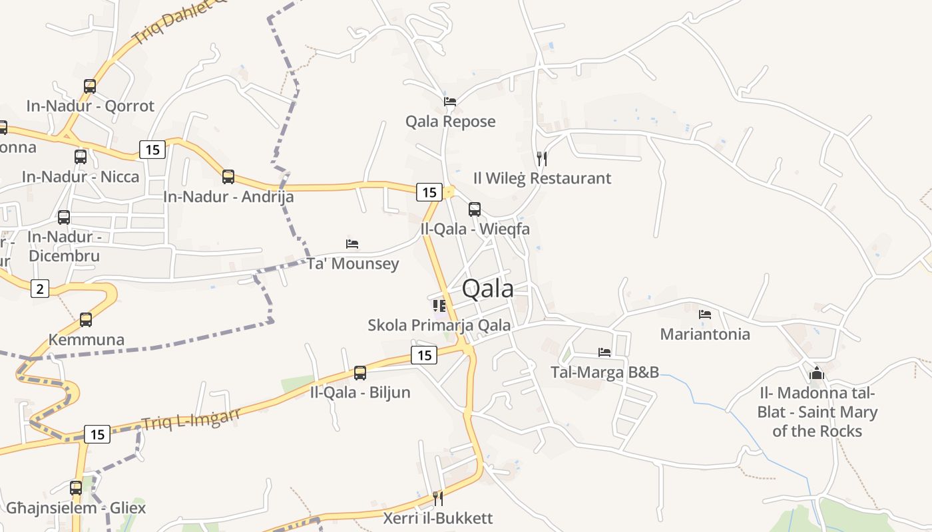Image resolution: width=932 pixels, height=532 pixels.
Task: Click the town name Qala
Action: (488, 289)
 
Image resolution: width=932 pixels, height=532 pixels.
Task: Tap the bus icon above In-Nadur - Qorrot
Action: (90, 86)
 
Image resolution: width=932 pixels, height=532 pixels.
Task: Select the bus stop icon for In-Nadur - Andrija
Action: (228, 177)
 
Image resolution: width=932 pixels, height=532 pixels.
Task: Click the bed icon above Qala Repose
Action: (450, 102)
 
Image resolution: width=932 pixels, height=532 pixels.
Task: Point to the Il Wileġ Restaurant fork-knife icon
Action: (542, 159)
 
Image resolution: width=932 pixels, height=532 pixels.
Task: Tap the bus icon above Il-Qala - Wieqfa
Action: (475, 209)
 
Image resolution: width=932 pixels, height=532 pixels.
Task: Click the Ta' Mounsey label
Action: (353, 263)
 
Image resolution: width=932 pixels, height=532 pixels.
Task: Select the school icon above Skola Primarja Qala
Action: (439, 306)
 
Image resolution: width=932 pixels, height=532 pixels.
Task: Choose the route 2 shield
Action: (40, 289)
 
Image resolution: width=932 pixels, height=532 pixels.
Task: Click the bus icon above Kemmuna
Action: (86, 320)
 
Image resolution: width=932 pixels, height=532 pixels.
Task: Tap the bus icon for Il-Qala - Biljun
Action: (360, 373)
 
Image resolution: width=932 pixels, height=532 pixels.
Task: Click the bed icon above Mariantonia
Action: (705, 315)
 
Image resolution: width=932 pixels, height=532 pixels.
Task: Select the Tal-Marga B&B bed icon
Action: (604, 352)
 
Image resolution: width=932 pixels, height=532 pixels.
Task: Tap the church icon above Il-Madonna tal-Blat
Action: (817, 373)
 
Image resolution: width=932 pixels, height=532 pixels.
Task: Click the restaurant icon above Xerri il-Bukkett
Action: (438, 498)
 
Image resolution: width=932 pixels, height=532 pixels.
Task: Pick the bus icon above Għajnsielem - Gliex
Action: (76, 488)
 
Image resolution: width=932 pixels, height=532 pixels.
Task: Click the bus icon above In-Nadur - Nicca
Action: (81, 157)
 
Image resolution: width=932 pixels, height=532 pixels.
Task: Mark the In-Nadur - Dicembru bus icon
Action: (64, 217)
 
